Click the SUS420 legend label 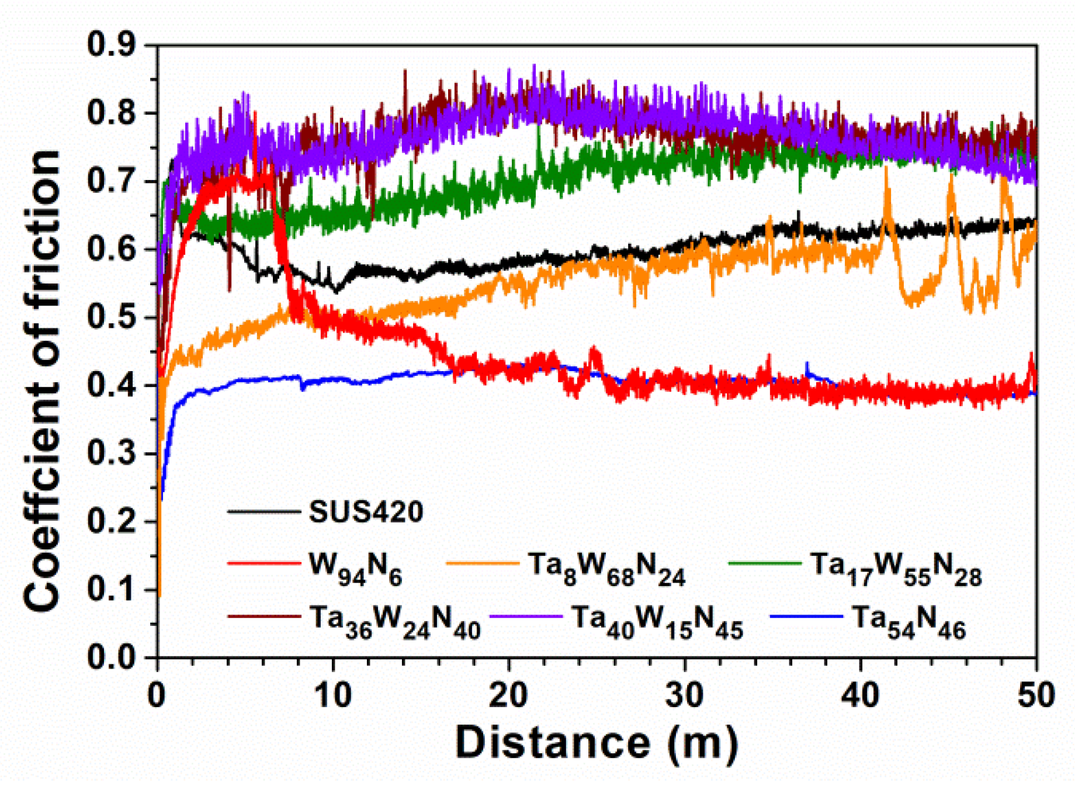[366, 512]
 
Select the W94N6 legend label [355, 567]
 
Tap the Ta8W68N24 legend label [606, 567]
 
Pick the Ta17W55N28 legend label [895, 567]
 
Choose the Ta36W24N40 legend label [395, 621]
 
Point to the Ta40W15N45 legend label [657, 621]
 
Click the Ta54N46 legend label [909, 621]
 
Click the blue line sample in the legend [806, 617]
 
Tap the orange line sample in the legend [483, 563]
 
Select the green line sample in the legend [765, 563]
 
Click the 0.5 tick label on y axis [111, 317]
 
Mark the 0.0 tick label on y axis [111, 657]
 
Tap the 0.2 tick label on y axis [111, 521]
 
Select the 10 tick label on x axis [332, 695]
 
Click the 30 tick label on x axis [684, 695]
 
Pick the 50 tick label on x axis [1035, 695]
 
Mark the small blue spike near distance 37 [807, 366]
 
